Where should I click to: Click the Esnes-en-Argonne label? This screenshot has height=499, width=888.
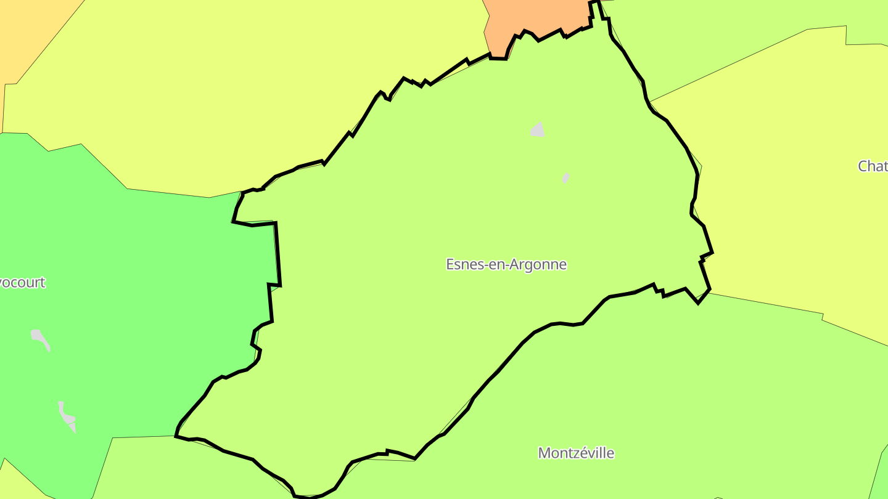[x=506, y=264]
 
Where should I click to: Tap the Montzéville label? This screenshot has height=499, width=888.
[x=576, y=453]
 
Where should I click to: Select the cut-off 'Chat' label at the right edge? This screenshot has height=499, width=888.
[x=873, y=166]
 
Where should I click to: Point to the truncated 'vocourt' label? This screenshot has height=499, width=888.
[x=23, y=282]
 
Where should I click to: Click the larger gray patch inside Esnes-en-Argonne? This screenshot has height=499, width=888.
[x=538, y=130]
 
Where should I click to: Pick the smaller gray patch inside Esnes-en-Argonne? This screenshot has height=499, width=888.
[x=565, y=177]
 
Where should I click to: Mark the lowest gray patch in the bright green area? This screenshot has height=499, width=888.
[x=67, y=416]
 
